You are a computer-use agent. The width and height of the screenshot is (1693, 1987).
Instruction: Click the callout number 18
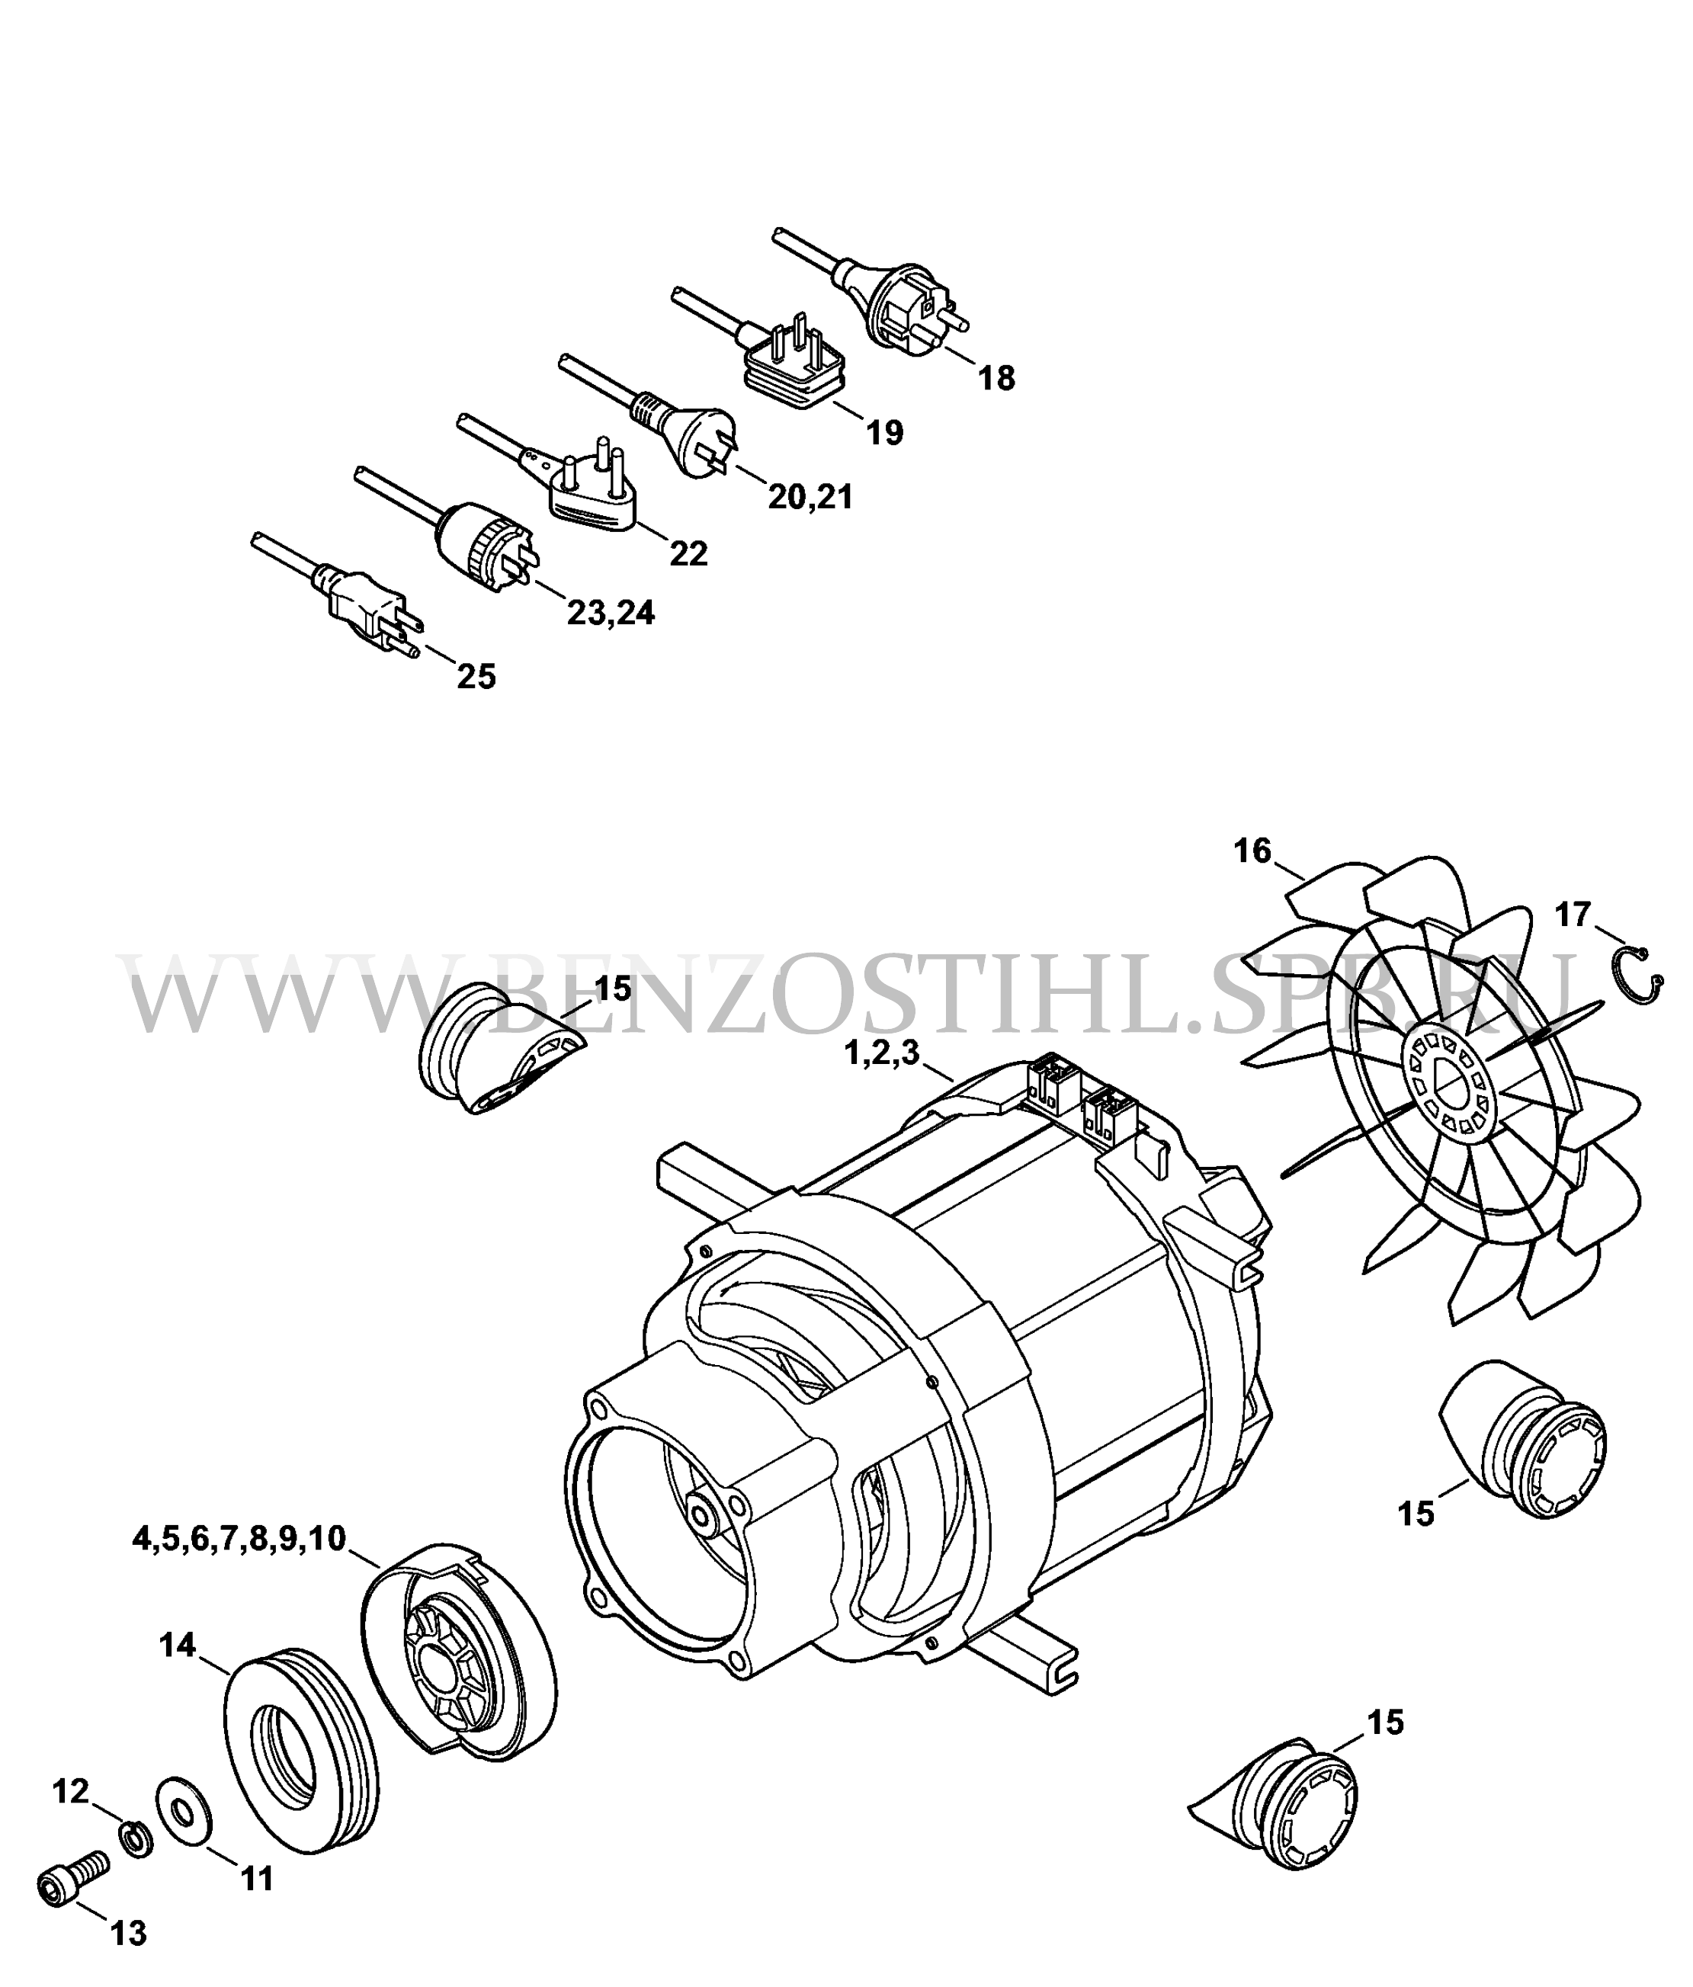[x=996, y=379]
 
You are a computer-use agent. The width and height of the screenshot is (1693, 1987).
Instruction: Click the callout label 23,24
[x=611, y=612]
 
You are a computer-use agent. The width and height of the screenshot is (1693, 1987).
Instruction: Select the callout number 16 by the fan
[x=1252, y=850]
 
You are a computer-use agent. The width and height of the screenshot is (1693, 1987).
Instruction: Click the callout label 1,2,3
[x=880, y=1054]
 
